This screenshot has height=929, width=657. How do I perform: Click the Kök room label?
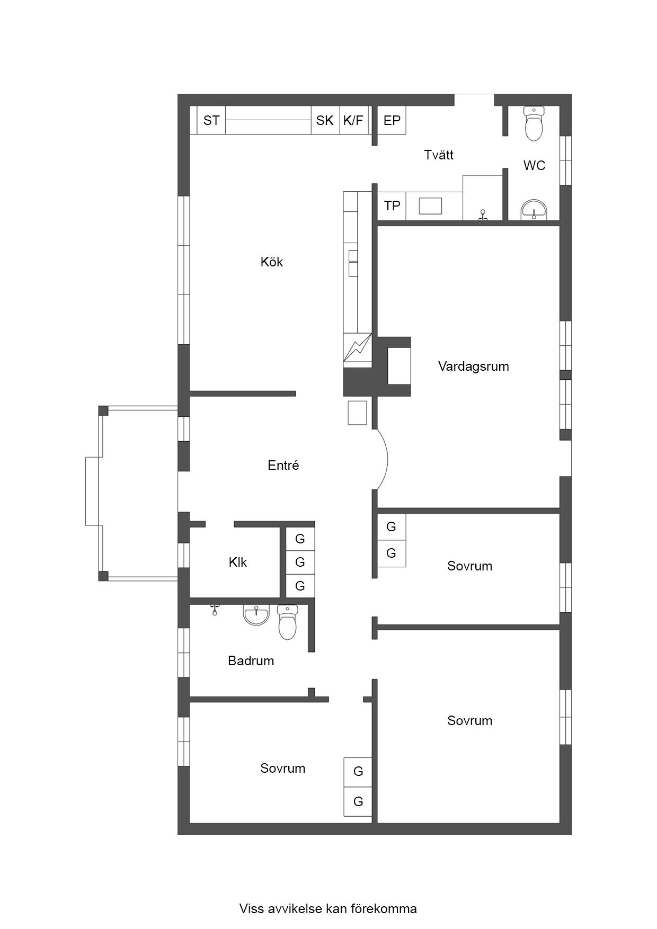(272, 262)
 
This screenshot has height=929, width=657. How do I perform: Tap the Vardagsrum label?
(474, 366)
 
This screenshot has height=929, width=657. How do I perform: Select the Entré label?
(283, 465)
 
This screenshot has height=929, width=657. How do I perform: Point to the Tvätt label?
(439, 155)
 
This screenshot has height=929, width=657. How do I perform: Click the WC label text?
(534, 165)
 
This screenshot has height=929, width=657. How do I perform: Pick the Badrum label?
(251, 660)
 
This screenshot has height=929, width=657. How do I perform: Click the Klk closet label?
(238, 562)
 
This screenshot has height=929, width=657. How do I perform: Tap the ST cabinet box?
(211, 120)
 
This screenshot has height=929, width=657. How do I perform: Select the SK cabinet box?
(325, 120)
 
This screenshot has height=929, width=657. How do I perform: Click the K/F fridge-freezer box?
(353, 120)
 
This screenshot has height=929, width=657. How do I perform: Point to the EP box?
(392, 120)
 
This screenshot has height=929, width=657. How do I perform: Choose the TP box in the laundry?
(392, 206)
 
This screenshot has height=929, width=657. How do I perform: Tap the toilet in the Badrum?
(288, 622)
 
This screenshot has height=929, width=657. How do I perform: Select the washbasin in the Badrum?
(256, 615)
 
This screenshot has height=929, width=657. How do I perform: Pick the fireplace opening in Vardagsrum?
(399, 366)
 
